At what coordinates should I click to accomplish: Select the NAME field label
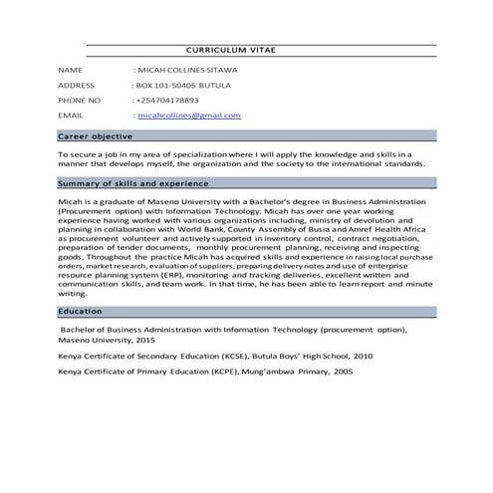(x=70, y=72)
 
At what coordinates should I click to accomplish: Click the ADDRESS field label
(x=77, y=86)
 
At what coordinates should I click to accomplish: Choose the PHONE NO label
(x=80, y=101)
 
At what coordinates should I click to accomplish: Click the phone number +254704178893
(x=168, y=101)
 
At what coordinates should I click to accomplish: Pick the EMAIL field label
(x=72, y=116)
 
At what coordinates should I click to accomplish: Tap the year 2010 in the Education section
(x=362, y=356)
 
